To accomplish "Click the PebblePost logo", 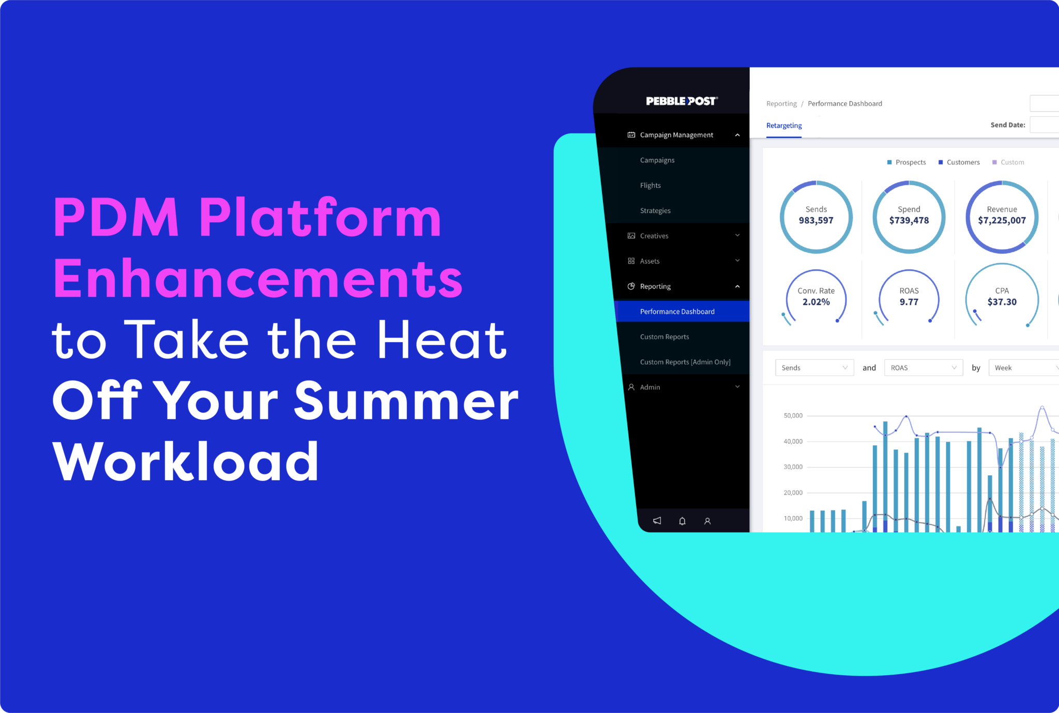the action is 682,101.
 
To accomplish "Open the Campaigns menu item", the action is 657,160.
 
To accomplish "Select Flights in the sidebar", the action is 650,186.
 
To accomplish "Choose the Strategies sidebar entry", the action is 655,211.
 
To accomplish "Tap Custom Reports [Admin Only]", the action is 685,362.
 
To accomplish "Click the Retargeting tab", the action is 784,126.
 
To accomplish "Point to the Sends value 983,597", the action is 816,221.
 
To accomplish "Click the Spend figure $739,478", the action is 909,221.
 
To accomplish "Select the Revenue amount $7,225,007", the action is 1002,221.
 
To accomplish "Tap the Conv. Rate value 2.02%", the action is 816,302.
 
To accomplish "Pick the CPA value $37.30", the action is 1002,302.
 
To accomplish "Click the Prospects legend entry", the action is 906,162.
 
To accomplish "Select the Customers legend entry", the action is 959,162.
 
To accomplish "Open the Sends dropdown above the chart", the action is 814,368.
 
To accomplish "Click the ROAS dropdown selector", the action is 924,368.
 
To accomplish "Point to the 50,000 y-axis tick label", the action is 793,416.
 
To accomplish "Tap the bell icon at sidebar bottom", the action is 682,521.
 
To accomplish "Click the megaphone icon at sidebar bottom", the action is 657,521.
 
